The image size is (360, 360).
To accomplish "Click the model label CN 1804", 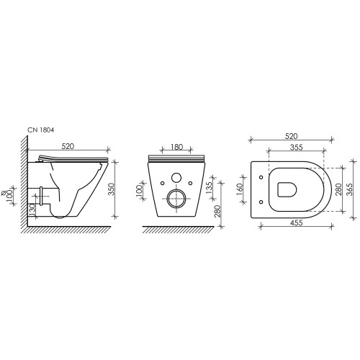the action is point(40,130).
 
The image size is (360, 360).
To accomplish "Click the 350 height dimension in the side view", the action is point(111,189).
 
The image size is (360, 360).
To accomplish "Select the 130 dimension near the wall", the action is point(32,209).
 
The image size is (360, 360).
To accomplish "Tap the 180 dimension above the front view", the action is point(177,147).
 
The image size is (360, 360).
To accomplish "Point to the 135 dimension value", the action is point(209,188).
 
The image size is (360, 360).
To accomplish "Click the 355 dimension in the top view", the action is point(297,147).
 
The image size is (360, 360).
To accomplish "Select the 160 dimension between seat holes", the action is point(240,189).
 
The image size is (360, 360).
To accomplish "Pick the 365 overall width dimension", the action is point(349,189).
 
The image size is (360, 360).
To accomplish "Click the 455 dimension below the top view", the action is point(297,222).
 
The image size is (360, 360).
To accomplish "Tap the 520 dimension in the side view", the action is point(68,146).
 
